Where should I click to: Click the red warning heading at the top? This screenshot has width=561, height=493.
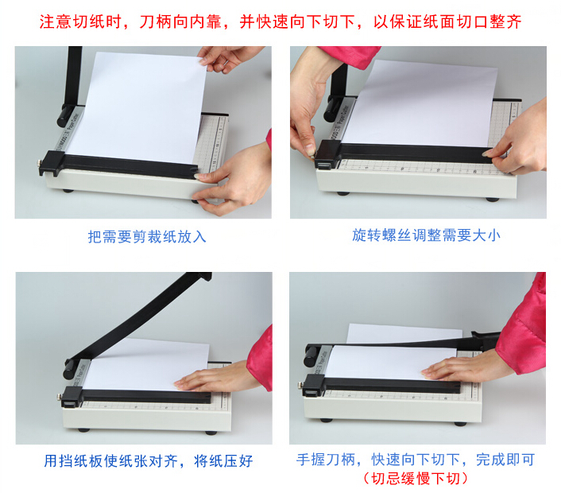(280, 21)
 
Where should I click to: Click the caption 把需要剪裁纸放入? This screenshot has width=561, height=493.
(147, 237)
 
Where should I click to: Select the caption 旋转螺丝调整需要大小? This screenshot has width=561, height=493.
(426, 235)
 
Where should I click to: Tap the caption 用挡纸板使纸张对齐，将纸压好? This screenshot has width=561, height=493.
(149, 460)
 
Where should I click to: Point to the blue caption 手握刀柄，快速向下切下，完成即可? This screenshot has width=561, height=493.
(416, 460)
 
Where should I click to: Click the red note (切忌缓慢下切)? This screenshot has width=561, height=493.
(416, 479)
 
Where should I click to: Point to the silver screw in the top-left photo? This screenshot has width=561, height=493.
(38, 163)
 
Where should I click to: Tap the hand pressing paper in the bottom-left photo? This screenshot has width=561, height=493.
(215, 378)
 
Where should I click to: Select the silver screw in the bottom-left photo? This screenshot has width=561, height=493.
(59, 397)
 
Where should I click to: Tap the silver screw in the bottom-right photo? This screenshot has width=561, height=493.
(300, 385)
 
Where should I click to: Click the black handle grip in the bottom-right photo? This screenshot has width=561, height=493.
(311, 356)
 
